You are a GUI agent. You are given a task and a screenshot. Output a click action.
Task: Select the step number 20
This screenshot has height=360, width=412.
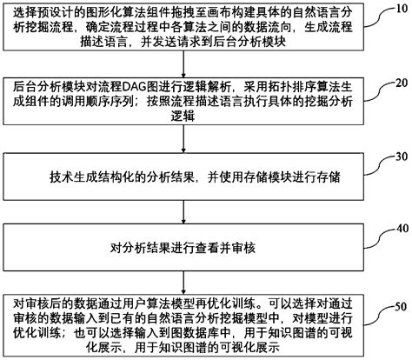400,83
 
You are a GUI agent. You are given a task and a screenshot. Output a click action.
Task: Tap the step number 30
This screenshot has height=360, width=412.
400,157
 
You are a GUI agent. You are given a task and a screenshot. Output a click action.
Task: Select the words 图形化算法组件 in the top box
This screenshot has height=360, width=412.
117,10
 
